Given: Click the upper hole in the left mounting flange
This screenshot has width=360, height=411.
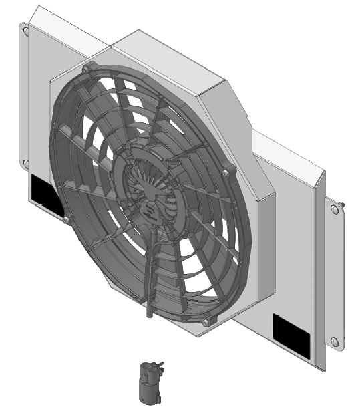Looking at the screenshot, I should click(24, 30).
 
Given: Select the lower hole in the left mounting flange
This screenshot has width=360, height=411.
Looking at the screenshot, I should click(25, 162).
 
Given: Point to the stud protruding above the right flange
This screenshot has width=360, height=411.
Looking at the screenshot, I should click(343, 202).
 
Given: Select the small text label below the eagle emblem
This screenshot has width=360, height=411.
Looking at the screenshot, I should click(151, 213).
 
